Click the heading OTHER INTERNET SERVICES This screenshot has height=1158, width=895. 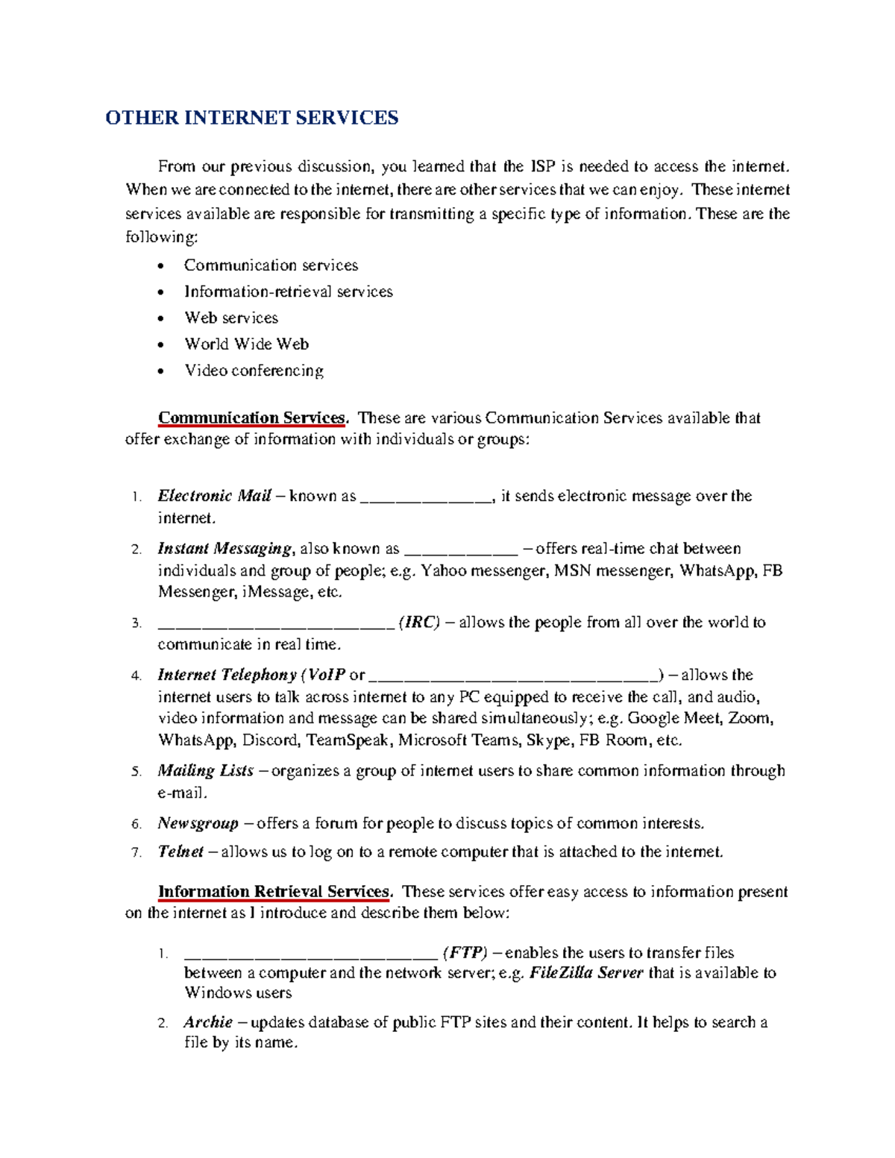click(252, 118)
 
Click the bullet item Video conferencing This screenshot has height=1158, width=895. click(254, 371)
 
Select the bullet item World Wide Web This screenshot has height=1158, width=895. click(246, 344)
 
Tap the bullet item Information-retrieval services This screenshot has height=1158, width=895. click(288, 292)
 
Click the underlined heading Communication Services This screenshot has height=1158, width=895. click(252, 418)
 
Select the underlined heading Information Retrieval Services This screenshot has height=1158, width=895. click(274, 892)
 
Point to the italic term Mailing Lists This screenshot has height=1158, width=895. click(205, 770)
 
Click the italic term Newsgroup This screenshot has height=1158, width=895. click(198, 823)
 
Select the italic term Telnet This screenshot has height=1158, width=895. click(180, 852)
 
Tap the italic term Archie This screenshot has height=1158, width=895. click(208, 1022)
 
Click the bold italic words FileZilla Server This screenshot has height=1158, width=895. click(586, 973)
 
